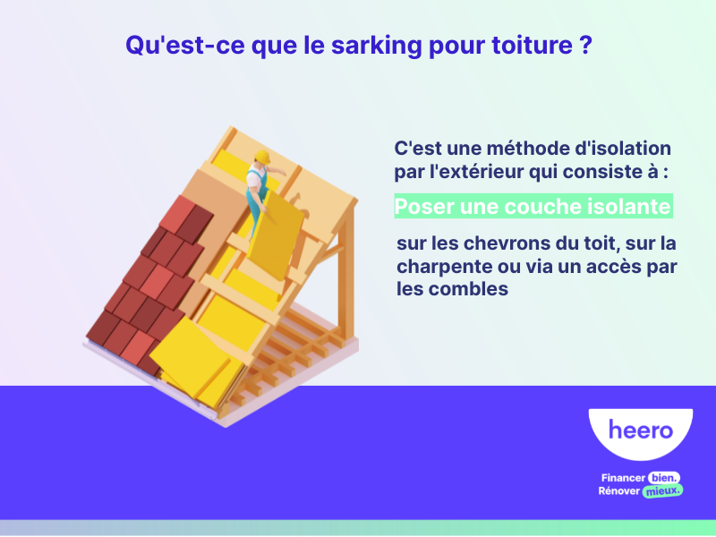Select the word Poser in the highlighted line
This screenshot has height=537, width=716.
click(424, 207)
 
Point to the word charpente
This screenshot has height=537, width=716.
click(439, 267)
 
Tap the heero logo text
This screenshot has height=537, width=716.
click(640, 430)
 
